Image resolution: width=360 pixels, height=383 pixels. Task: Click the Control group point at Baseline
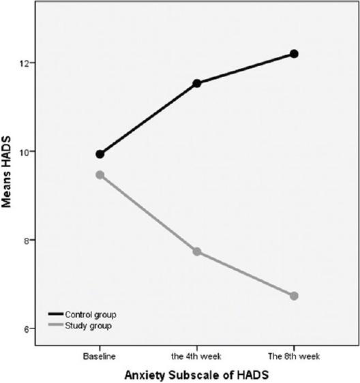100,154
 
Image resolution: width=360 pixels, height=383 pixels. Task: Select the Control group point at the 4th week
197,83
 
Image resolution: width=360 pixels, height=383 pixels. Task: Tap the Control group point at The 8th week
294,54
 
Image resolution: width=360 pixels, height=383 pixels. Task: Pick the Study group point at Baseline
100,174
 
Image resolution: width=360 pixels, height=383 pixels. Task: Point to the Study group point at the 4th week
197,251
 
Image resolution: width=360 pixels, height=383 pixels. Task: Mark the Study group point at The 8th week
294,296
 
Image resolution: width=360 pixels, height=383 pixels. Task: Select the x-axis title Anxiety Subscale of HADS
196,374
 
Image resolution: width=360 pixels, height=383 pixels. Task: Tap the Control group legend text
90,315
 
